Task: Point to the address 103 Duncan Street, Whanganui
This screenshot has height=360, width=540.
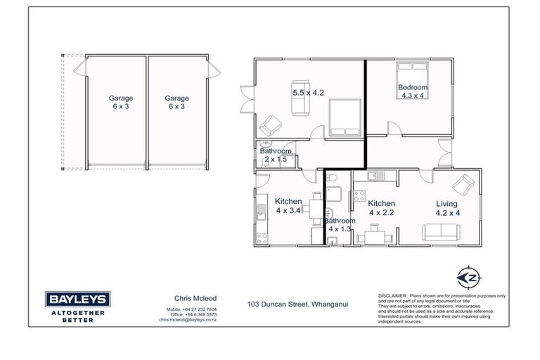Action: (299, 305)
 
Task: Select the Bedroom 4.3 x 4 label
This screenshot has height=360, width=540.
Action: (413, 92)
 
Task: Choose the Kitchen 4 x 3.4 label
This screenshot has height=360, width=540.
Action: (288, 205)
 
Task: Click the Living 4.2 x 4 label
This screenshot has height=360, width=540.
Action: (446, 208)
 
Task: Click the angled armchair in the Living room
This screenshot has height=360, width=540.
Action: (463, 184)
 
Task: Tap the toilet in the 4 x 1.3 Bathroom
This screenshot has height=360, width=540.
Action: (335, 178)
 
